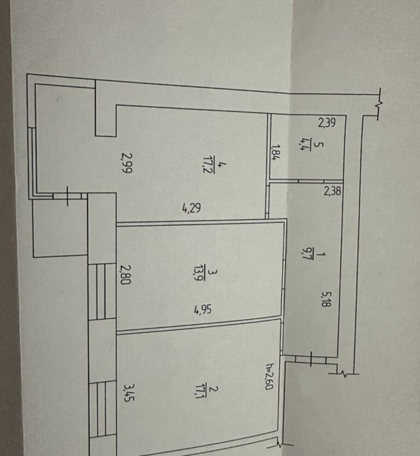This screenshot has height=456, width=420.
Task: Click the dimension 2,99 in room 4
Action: coord(127,163)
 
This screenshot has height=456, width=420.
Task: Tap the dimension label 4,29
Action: coord(191,208)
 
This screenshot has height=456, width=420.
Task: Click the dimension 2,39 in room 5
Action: coord(327,123)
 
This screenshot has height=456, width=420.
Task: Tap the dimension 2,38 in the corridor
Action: coord(332,191)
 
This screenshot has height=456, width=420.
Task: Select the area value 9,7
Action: coord(306,253)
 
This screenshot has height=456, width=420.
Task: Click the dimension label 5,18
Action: coord(325,299)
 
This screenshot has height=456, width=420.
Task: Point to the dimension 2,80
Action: coord(126,274)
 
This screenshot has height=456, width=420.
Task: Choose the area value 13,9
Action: coord(199,274)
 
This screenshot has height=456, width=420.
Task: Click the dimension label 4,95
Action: coord(203,310)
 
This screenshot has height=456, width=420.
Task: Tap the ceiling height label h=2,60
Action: coord(269,376)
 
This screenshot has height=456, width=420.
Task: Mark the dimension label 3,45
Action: coord(129,393)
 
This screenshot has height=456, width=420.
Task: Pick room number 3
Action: coord(213,272)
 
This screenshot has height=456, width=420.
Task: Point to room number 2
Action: coord(214,389)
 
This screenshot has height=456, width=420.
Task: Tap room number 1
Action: coord(321,255)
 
